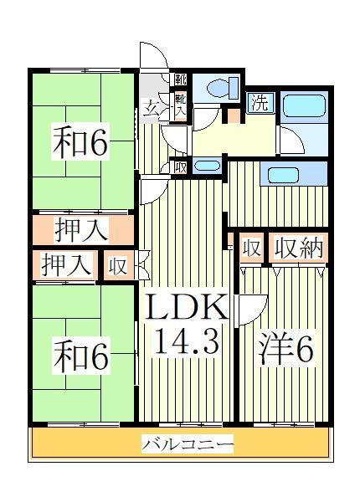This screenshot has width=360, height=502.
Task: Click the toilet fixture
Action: pos(224,87)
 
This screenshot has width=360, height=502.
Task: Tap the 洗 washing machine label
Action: pos(260,105)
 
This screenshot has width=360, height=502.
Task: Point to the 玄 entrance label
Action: pos(151,107)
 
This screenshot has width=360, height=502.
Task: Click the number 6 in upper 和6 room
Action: pos(96,143)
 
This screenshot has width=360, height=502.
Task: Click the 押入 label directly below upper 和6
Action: pos(82,227)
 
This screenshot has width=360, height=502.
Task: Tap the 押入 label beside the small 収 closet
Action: pos(66,265)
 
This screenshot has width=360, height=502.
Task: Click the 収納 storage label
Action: pos(297,250)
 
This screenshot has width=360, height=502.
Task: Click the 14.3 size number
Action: pos(188,341)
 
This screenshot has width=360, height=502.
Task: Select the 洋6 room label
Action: pos(280,349)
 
